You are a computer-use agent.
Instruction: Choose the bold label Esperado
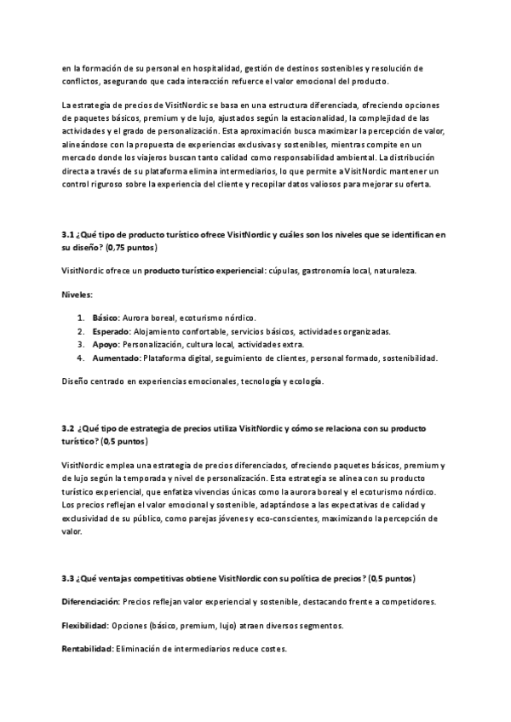(x=111, y=331)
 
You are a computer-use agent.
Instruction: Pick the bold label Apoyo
(x=106, y=345)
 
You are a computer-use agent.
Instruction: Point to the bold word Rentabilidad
(x=88, y=650)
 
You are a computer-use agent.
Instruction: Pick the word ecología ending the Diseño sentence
(x=302, y=382)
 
